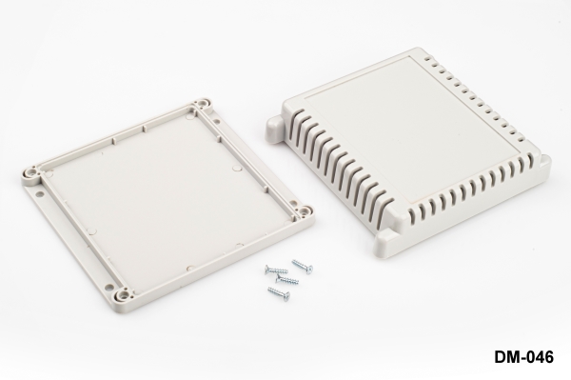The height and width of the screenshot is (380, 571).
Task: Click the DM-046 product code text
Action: (523, 356)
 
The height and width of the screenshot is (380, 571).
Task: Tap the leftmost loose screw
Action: (276, 270)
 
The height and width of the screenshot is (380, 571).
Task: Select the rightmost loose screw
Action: (303, 266)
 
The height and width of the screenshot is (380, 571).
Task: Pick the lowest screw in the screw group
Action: (279, 293)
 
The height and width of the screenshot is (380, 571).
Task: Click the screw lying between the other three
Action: (287, 279)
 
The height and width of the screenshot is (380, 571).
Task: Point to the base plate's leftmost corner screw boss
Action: (31, 172)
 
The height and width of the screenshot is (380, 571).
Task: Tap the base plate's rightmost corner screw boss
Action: (305, 211)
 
